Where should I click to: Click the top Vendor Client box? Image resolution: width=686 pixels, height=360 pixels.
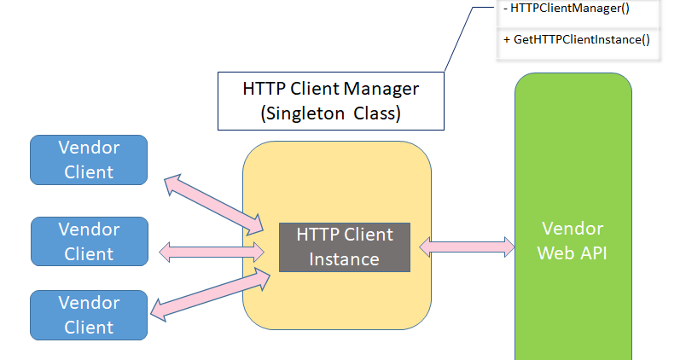pos(89,160)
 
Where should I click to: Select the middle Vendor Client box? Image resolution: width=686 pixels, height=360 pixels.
pos(89,241)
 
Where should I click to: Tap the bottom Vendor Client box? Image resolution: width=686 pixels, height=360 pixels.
pos(89,315)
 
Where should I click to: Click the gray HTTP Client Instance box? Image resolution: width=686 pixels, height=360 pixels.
pos(345,247)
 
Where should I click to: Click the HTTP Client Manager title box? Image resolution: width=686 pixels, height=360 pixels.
pos(331,99)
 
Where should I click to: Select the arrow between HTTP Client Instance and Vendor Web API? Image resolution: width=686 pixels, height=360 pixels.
pos(466,247)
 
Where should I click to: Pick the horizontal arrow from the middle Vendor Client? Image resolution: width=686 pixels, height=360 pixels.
pos(212,251)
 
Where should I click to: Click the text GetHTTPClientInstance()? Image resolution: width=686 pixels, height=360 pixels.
pos(584,39)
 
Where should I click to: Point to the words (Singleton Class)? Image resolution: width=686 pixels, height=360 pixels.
pos(331,112)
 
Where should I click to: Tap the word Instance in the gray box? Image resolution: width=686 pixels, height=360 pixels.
pos(345,258)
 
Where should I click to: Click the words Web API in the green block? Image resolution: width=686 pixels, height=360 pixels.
pos(573,253)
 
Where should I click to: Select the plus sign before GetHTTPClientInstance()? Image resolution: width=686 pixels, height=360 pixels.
pos(507,39)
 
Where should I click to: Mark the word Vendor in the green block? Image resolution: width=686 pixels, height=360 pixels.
pos(573,229)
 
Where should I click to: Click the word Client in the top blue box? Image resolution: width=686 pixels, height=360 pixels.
pos(89,171)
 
